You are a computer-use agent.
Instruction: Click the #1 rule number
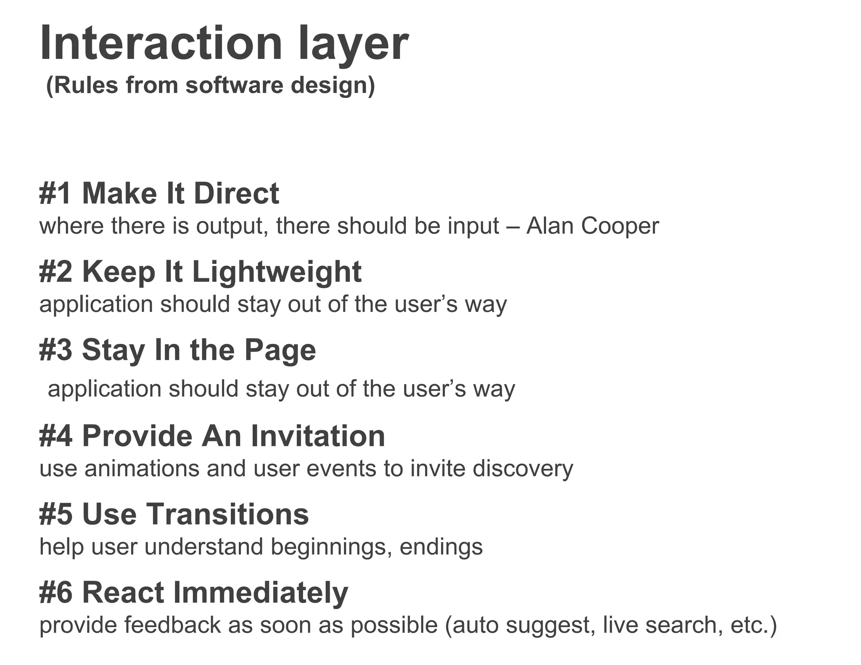click(x=55, y=193)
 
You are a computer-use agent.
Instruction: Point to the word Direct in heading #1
click(x=236, y=193)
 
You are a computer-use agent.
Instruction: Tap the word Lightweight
click(x=277, y=272)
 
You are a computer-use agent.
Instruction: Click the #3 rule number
click(x=55, y=350)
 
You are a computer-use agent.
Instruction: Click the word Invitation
click(x=318, y=435)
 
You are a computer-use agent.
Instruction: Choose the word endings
click(x=441, y=547)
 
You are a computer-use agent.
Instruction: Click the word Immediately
click(x=260, y=593)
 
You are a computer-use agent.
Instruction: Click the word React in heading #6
click(x=123, y=593)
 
